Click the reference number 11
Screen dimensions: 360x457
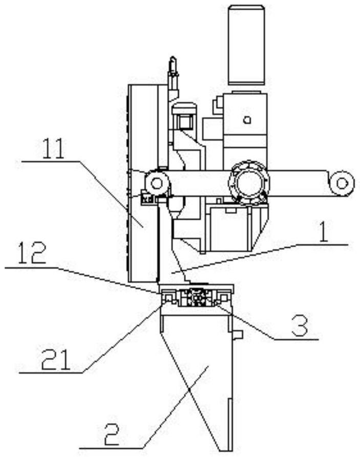click(54, 148)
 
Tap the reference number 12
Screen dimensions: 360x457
click(32, 253)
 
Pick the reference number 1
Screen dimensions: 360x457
click(323, 232)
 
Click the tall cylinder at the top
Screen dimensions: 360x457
click(246, 45)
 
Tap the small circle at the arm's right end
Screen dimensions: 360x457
click(342, 183)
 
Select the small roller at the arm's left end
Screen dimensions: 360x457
click(157, 183)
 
